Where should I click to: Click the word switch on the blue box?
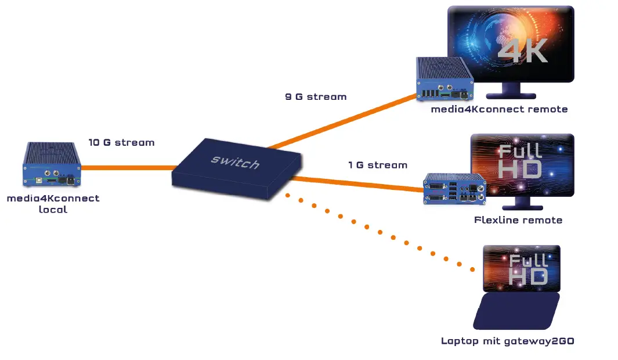tap(236, 161)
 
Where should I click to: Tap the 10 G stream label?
tap(121, 142)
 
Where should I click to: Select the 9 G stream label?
tap(316, 97)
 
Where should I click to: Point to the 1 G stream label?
tap(378, 165)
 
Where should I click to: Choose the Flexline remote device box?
tap(455, 189)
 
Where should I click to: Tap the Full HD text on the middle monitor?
tap(521, 160)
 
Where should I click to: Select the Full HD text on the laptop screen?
tap(528, 269)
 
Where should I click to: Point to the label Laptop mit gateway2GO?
tap(507, 341)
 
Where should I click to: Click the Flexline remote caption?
tap(518, 220)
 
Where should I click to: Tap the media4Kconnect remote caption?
tap(499, 109)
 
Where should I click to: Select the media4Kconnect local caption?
tap(53, 203)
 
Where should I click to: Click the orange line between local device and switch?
tap(128, 167)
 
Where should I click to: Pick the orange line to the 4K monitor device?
tap(342, 123)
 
